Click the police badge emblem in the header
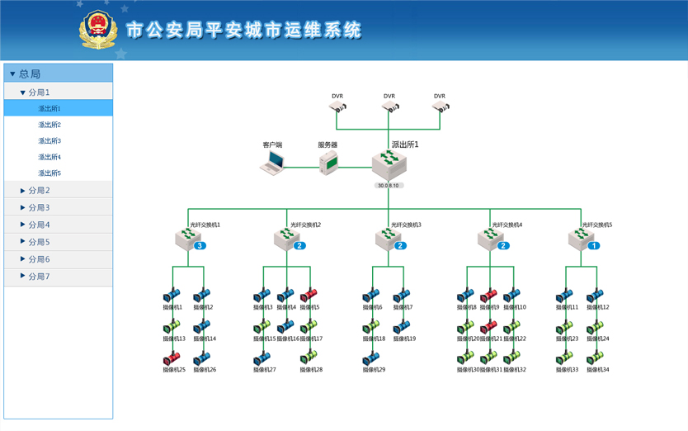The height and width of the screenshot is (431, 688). point(98,30)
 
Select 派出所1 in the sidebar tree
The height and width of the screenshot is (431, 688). point(49,108)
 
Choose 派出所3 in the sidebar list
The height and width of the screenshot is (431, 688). point(49,141)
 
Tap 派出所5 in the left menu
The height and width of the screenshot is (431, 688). point(49,173)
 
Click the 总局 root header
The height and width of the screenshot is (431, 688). point(30,73)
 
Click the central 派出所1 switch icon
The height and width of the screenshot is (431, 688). point(389,164)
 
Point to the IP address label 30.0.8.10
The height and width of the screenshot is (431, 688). point(389,186)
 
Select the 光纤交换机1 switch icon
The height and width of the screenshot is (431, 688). point(188,239)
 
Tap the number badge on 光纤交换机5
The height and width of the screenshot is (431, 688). point(594,246)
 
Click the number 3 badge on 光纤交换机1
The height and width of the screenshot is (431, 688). point(200,246)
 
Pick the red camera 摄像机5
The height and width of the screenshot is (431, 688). point(309,296)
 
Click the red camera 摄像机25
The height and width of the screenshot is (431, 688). point(172,358)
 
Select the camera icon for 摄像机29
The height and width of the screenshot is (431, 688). point(372,358)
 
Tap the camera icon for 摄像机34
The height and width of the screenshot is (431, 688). point(596,358)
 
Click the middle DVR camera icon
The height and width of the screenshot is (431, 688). point(389,107)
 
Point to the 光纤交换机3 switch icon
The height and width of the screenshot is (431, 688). point(388,239)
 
